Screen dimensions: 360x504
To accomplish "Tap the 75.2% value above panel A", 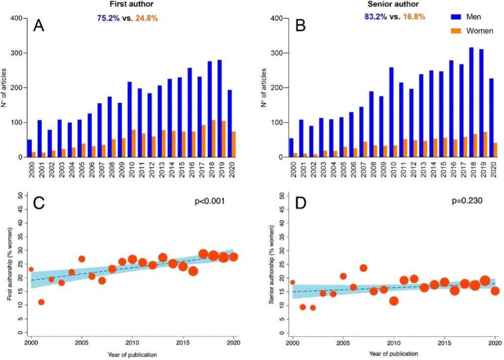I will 108,18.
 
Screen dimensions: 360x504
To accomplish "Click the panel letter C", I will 38,204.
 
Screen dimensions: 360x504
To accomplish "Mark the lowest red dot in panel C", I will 41,302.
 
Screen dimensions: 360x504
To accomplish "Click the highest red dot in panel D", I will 363,268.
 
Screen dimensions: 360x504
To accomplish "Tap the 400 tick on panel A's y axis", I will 16,19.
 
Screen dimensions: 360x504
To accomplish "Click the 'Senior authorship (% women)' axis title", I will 272,264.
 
